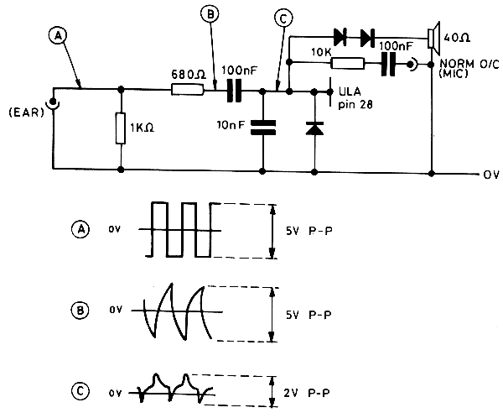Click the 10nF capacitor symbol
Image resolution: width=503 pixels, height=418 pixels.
(x=263, y=127)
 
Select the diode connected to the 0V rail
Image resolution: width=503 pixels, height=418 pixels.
(x=314, y=128)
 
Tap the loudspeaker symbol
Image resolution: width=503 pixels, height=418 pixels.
(x=433, y=39)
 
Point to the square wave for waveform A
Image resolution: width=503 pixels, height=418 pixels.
(x=184, y=230)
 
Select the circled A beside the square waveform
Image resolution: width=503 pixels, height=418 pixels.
(x=79, y=227)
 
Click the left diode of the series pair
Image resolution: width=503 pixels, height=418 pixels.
(x=340, y=36)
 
